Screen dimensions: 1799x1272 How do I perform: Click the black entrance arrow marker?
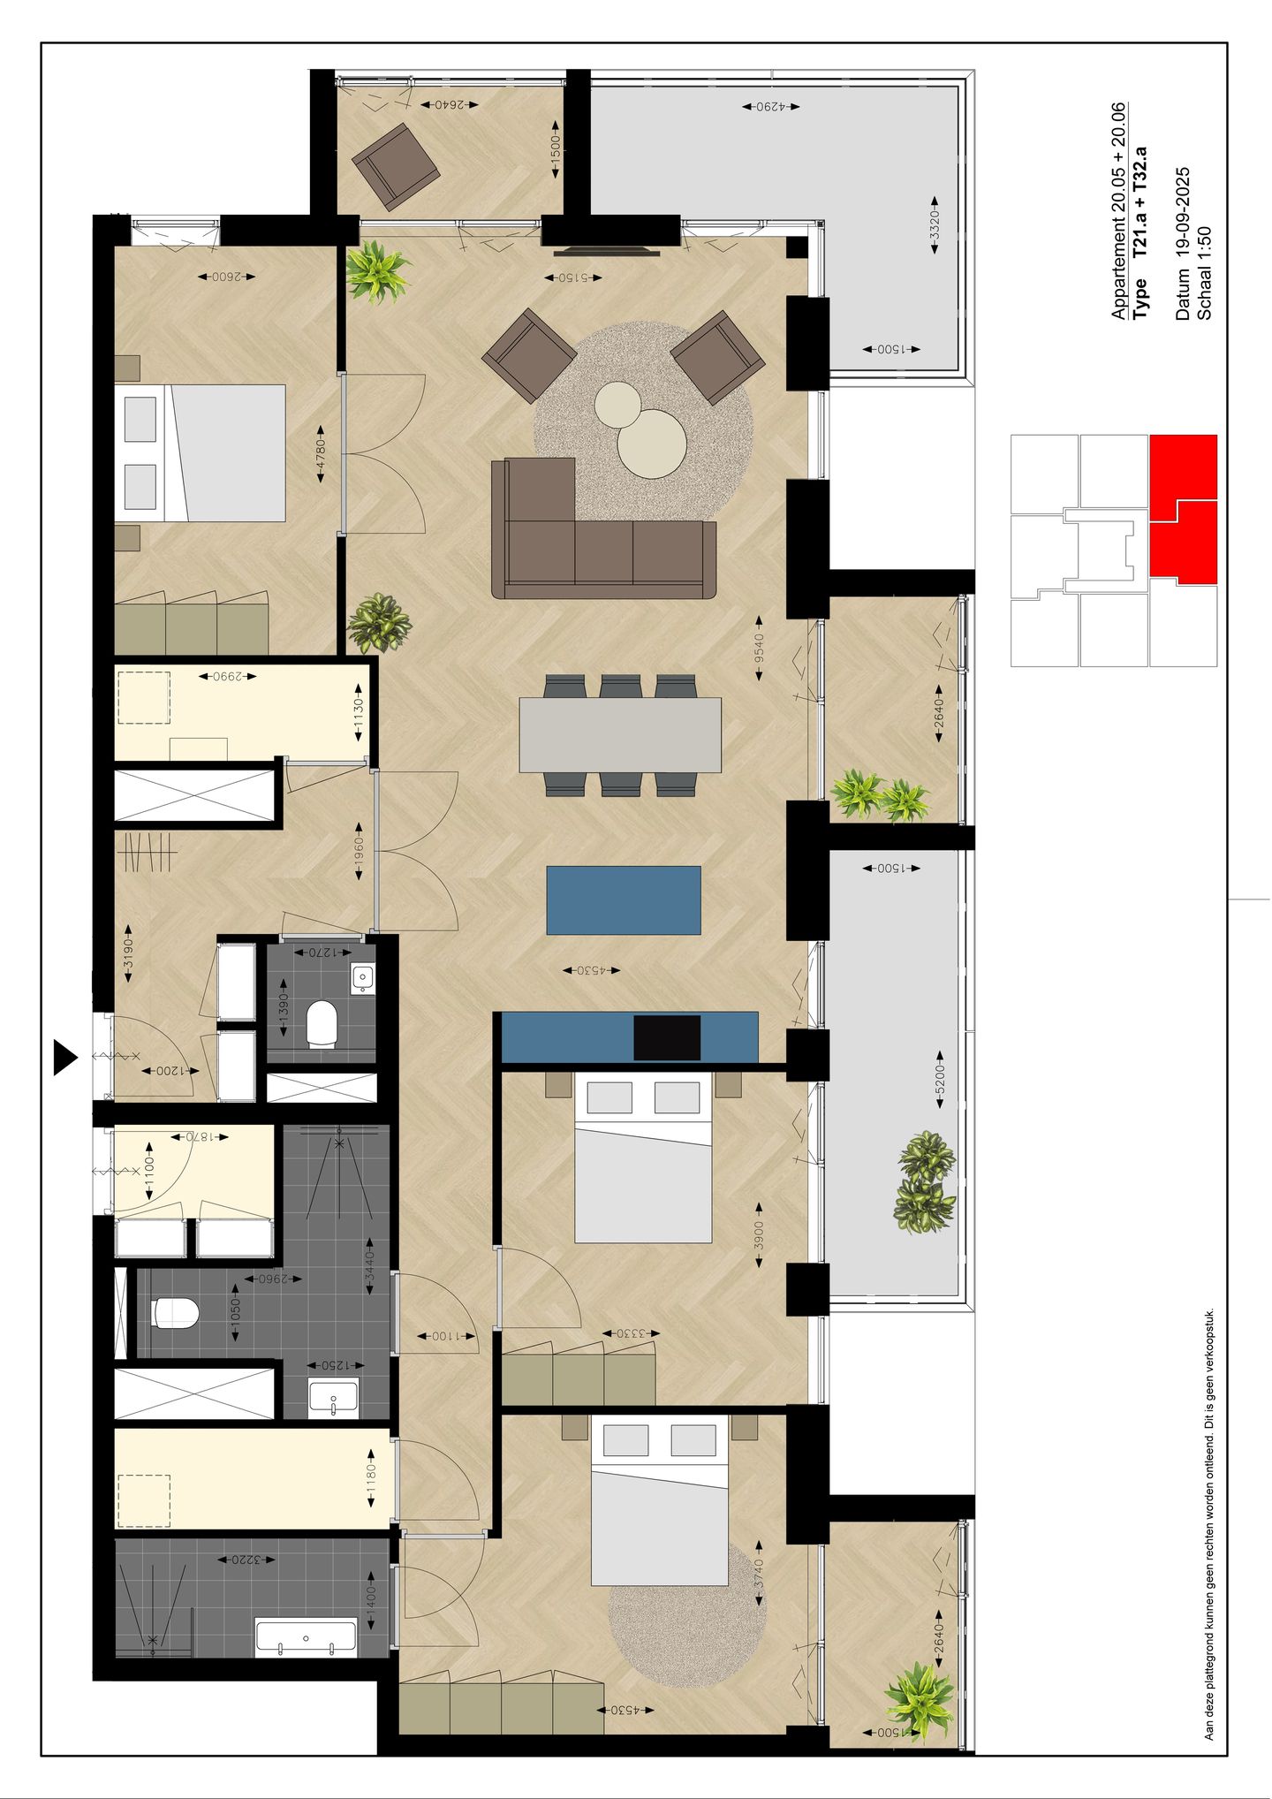[64, 1057]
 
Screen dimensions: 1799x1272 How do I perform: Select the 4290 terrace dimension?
[769, 106]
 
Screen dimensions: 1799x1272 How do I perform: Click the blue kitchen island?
[624, 899]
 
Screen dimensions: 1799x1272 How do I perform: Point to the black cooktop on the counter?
[667, 1037]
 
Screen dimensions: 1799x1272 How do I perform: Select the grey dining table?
[620, 734]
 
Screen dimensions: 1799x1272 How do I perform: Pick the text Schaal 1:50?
[1203, 272]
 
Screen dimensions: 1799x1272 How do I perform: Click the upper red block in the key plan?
[1183, 467]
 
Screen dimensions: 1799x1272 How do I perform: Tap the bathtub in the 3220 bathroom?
[306, 1637]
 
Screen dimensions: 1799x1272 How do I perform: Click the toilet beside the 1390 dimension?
[322, 1024]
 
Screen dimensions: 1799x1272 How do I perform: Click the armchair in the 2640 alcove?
[396, 162]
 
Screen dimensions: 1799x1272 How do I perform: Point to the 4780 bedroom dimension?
[321, 459]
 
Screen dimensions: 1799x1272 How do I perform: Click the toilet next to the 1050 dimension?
[174, 1312]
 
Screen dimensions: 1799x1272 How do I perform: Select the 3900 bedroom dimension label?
[759, 1234]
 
